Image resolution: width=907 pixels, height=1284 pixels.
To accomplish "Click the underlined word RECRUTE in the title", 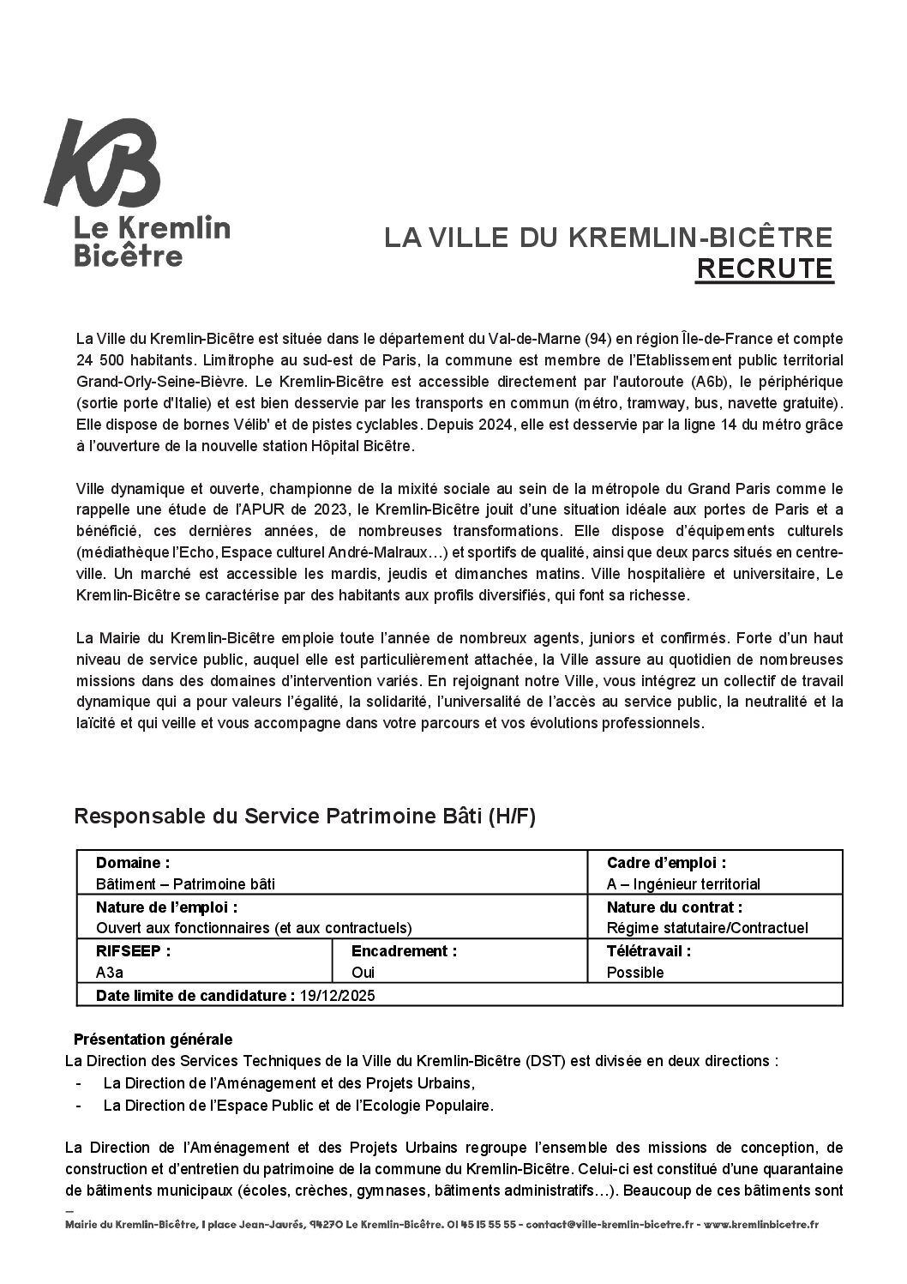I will click(764, 268).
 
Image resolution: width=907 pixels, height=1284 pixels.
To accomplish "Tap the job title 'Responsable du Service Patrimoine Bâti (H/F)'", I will click(304, 817).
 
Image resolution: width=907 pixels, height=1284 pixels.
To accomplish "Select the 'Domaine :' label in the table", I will click(133, 863).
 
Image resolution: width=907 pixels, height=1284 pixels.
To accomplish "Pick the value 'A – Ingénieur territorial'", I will click(683, 884).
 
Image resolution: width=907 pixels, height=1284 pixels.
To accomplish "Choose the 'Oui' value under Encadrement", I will click(363, 973).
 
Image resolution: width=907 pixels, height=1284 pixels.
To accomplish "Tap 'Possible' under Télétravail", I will click(635, 973).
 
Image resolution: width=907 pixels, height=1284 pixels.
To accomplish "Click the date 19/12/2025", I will click(338, 996).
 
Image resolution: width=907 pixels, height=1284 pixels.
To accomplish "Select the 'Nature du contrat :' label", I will click(674, 907).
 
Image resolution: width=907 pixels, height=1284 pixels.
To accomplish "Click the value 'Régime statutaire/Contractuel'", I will click(707, 928).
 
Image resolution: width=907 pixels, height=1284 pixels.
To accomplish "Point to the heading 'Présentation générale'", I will click(153, 1040).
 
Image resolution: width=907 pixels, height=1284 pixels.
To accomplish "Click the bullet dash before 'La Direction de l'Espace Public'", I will click(79, 1106).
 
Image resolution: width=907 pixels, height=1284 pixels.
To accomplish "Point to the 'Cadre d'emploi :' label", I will click(666, 863).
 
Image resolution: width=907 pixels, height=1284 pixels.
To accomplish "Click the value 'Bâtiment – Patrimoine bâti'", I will click(186, 884).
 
